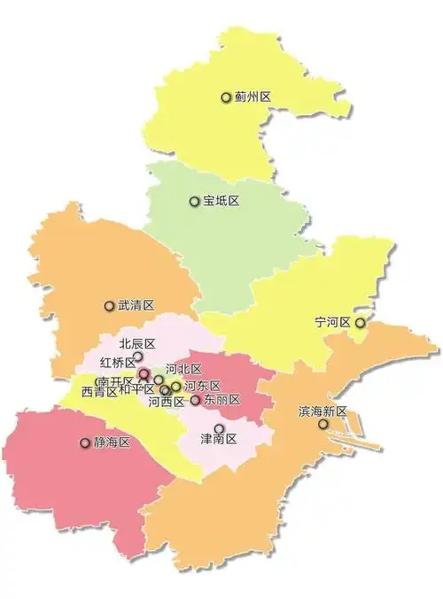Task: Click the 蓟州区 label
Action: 253,97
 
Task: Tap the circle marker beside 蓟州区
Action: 226,97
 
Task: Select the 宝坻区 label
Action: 221,202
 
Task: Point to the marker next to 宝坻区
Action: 195,202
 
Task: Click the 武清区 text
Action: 136,305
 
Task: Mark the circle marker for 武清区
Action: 110,306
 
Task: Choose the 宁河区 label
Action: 333,322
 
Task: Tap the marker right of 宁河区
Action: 360,323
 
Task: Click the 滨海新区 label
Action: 323,411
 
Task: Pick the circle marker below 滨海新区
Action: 323,425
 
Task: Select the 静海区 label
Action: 112,442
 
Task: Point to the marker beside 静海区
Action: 85,442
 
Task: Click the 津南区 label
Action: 219,440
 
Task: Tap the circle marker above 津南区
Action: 219,428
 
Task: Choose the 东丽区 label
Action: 221,400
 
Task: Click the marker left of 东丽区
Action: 196,400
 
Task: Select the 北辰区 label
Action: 137,343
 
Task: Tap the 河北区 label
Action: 183,369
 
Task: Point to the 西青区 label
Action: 98,391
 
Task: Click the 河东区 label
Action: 202,386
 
